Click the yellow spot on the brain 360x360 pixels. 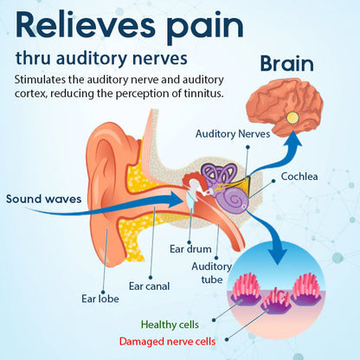click(293, 117)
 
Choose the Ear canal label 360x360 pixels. click(148, 285)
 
